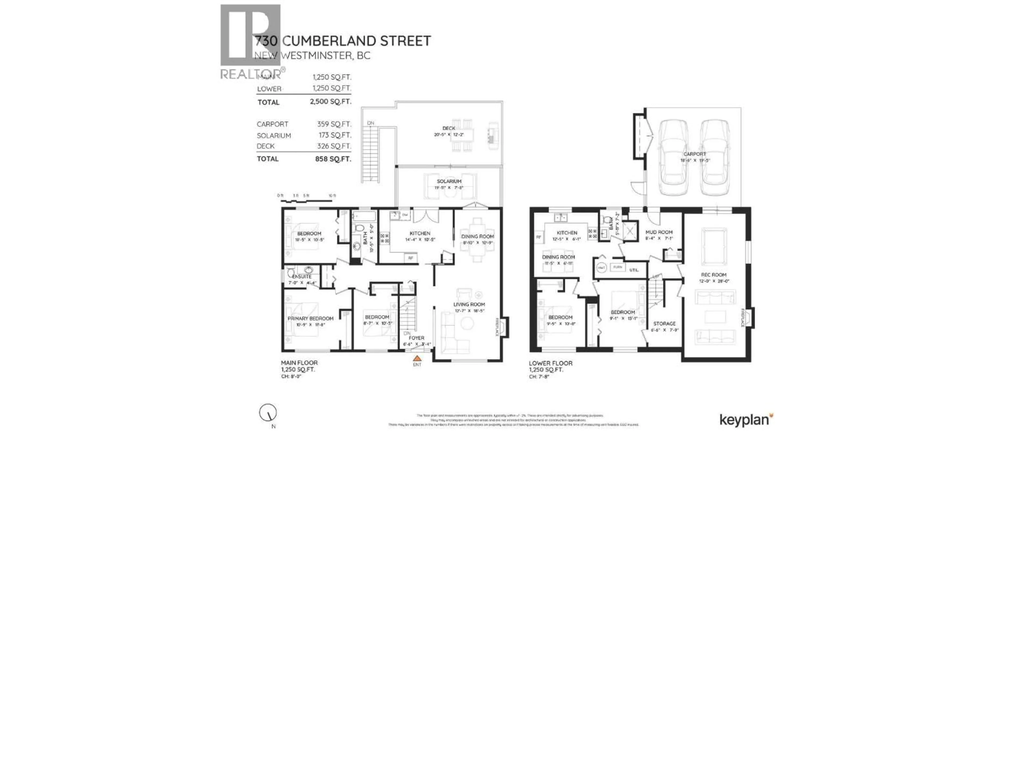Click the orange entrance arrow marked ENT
tap(417, 358)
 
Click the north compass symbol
tap(268, 413)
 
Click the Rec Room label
tap(714, 275)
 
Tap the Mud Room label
tap(659, 232)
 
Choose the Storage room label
tap(664, 324)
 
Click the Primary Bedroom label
tap(310, 319)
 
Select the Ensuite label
tap(302, 277)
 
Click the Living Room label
tap(469, 305)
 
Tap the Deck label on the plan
tap(448, 128)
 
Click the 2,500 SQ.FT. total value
tap(330, 101)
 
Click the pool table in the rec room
tap(714, 246)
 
